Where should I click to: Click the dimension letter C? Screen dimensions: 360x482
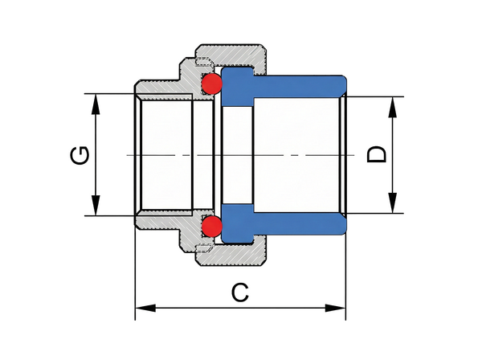click(239, 292)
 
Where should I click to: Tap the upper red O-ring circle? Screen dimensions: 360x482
click(211, 82)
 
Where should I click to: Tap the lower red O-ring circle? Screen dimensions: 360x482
click(211, 227)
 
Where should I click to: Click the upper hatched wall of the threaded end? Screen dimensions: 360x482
click(161, 87)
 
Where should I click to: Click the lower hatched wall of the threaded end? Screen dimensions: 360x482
click(161, 222)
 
